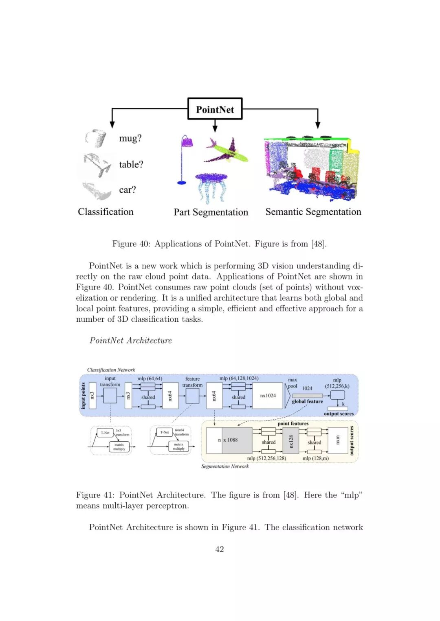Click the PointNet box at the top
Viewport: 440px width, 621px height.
(215, 109)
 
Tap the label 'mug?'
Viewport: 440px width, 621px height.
(130, 138)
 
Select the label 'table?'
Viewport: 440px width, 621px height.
(131, 164)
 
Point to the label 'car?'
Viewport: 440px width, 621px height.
(128, 190)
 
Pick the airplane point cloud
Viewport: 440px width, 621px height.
(227, 151)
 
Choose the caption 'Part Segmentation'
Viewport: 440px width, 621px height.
(211, 212)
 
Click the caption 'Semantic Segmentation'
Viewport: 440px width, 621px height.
(313, 212)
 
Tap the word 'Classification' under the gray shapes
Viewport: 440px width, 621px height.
(106, 212)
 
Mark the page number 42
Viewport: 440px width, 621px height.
(220, 549)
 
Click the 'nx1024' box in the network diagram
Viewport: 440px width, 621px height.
(268, 396)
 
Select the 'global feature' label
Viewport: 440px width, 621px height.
(307, 401)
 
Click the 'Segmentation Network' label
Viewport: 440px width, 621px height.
(225, 466)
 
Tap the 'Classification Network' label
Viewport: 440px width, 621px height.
(111, 370)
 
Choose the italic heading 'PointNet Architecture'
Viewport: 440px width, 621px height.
(130, 340)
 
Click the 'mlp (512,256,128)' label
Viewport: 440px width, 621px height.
(266, 458)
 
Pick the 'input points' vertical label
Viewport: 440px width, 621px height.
(84, 396)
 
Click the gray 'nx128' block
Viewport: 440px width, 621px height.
(291, 441)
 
